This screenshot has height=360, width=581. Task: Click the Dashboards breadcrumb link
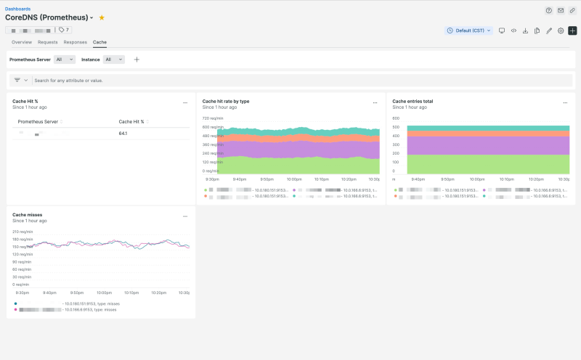(18, 9)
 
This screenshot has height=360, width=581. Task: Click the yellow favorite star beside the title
(102, 17)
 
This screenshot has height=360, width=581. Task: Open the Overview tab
(22, 42)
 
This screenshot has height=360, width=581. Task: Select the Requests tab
(48, 42)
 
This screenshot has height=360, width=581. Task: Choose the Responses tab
(75, 42)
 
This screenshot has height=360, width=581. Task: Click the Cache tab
(99, 42)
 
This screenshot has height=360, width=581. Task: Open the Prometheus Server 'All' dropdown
(65, 60)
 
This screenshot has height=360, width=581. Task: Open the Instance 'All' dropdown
(113, 60)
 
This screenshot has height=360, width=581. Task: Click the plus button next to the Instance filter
(137, 60)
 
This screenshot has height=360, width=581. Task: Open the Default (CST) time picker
(469, 30)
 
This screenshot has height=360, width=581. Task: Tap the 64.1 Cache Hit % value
(123, 134)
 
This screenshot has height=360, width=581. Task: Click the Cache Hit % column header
(131, 122)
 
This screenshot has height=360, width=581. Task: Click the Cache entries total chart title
(413, 102)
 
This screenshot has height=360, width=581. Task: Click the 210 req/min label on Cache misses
(23, 232)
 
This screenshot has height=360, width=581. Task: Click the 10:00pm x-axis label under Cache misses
(103, 292)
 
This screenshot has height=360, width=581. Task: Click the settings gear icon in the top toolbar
(561, 30)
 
